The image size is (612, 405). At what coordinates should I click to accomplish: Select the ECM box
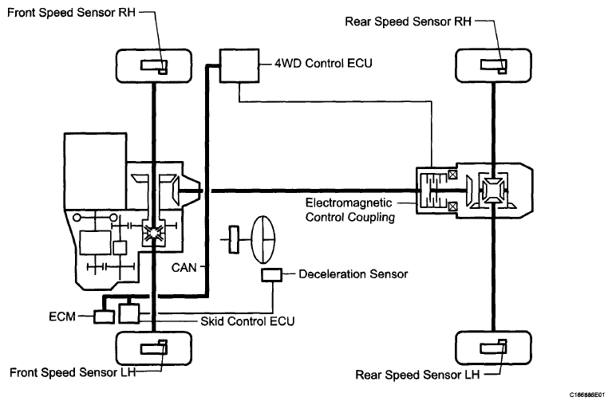click(104, 317)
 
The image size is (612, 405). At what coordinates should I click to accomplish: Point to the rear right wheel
click(492, 65)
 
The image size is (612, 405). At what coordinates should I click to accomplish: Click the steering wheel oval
click(263, 238)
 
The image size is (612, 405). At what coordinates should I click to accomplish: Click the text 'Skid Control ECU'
click(247, 321)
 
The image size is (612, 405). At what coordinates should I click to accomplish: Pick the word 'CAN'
click(185, 269)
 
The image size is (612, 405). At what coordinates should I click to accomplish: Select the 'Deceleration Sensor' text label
click(353, 274)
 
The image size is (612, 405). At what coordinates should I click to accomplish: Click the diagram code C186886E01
click(587, 395)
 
